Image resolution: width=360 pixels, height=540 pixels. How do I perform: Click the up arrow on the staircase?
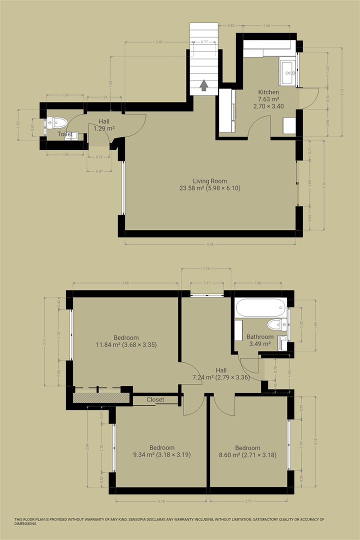[203, 86]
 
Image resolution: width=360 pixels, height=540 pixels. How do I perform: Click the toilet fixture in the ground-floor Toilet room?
[58, 121]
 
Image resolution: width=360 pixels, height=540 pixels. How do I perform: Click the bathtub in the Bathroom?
[260, 307]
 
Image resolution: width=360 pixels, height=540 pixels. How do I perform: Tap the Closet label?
[155, 399]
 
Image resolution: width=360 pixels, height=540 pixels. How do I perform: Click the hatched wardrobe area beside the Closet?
[98, 397]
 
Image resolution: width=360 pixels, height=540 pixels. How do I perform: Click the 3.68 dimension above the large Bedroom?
[125, 283]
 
